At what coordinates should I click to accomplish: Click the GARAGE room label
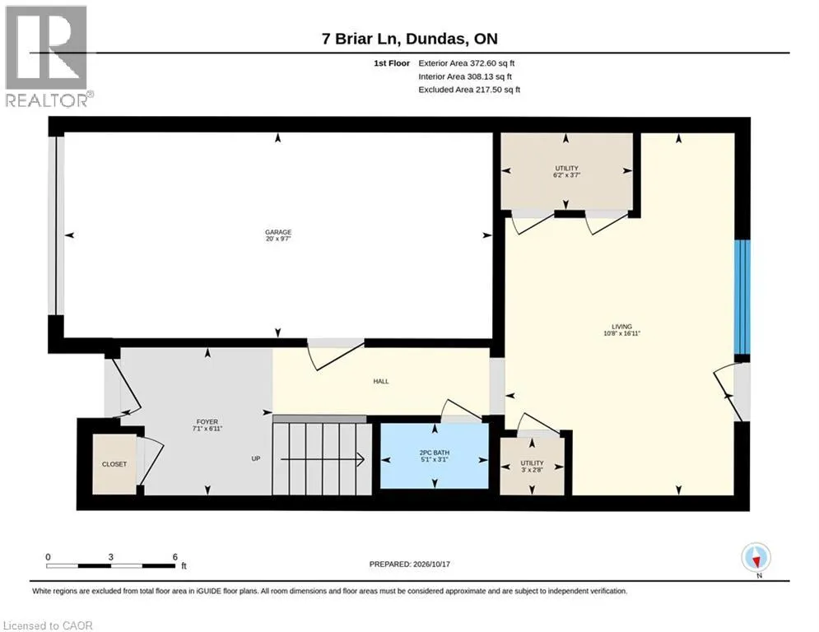(278, 235)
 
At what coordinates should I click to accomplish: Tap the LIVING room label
(621, 330)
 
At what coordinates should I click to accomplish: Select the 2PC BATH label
(434, 456)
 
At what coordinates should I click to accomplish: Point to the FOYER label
(207, 425)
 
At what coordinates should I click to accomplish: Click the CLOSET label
(114, 464)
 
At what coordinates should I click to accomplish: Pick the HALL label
(381, 381)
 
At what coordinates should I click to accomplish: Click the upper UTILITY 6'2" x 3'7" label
(567, 171)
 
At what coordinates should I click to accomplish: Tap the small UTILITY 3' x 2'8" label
(532, 466)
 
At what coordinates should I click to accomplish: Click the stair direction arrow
(323, 459)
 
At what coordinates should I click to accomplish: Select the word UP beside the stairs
(256, 458)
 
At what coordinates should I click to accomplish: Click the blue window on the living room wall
(742, 297)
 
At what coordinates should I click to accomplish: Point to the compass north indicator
(756, 559)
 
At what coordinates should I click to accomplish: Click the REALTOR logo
(48, 57)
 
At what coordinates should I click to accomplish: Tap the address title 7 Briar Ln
(361, 39)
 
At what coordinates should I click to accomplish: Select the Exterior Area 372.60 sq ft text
(467, 63)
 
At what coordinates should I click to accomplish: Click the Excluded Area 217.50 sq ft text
(469, 90)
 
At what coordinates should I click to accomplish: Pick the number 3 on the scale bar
(111, 557)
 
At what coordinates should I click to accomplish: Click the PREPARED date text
(410, 564)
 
